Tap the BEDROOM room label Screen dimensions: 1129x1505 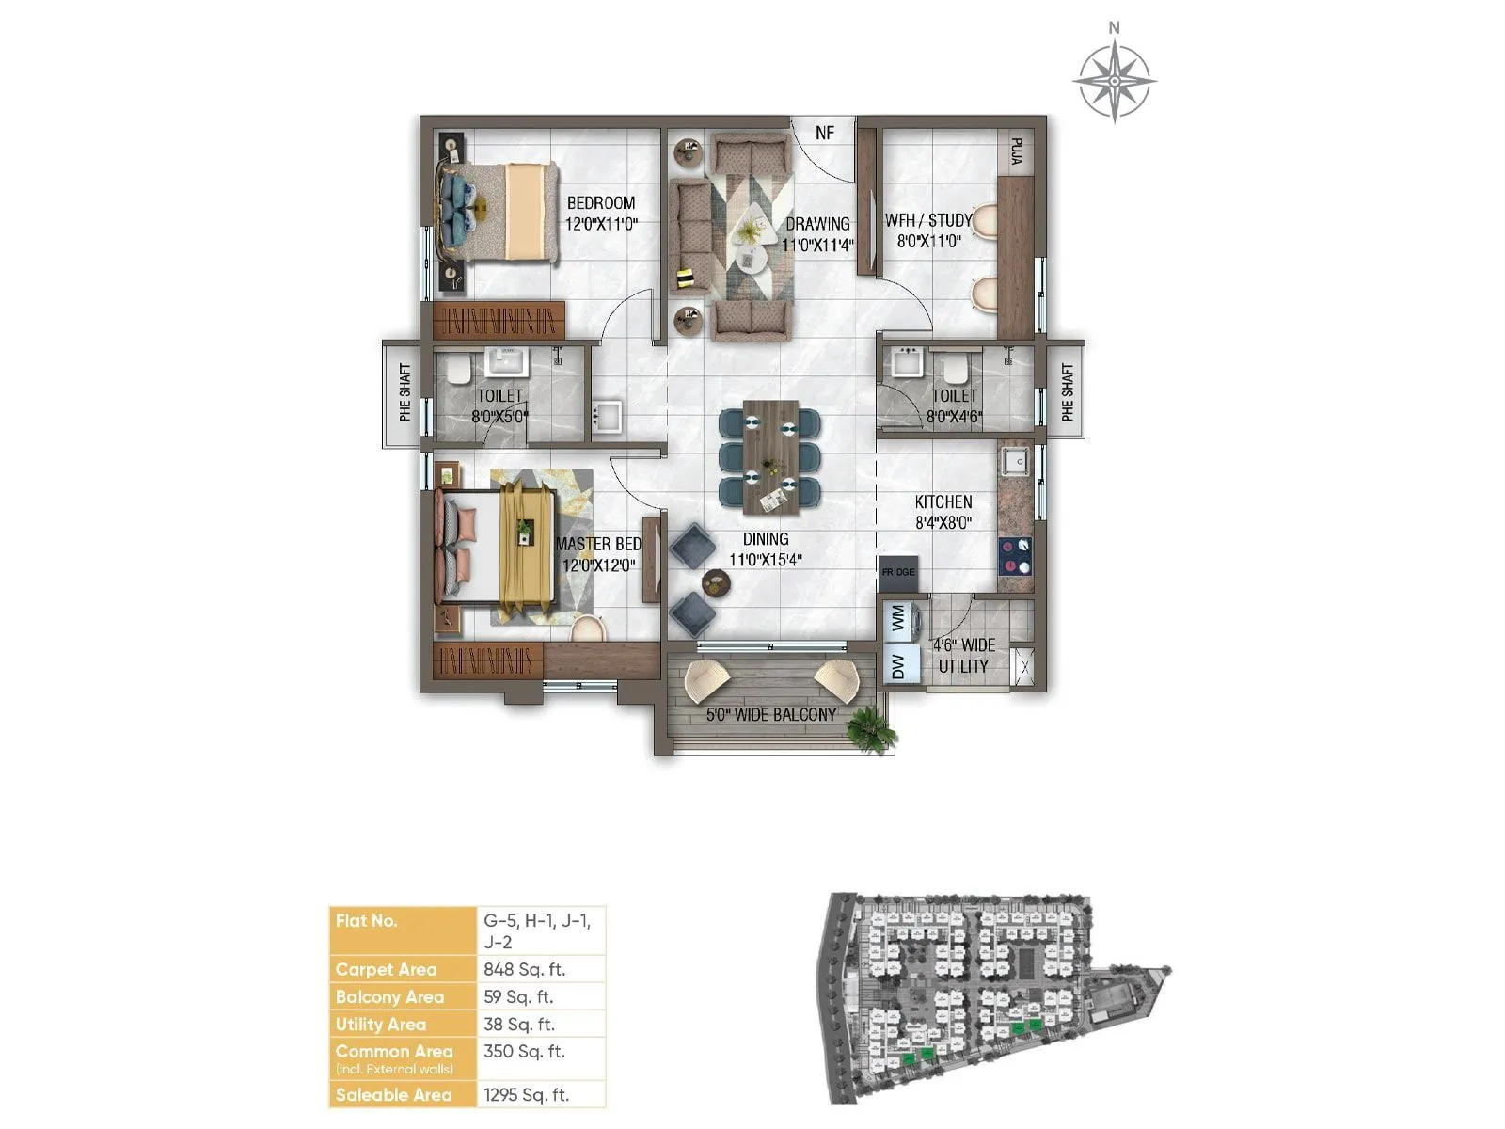(601, 203)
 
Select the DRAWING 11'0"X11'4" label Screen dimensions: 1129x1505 (817, 234)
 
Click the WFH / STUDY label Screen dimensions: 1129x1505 (928, 220)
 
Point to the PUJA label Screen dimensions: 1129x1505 (1016, 151)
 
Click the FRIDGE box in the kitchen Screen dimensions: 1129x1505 (898, 572)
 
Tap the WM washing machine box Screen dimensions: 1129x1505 (898, 618)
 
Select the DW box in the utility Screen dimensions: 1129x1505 (898, 666)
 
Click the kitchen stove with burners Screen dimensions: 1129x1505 (1014, 555)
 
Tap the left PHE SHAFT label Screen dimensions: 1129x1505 (404, 392)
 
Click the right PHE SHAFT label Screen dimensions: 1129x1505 (1067, 392)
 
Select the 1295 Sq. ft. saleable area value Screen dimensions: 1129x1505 (526, 1094)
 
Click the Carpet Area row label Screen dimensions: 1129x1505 (386, 969)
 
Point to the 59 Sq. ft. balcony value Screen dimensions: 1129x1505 (518, 996)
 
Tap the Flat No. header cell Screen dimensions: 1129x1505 (367, 920)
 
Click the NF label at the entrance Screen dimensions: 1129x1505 (825, 133)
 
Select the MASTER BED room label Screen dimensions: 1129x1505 (598, 544)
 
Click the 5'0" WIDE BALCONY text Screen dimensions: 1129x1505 (771, 715)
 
